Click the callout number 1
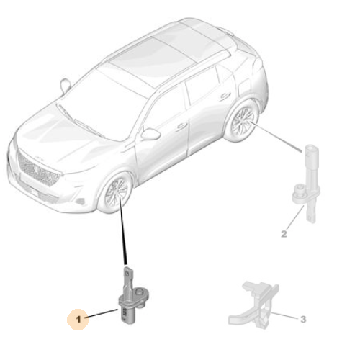click(80, 318)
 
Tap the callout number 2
click(284, 233)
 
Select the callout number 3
click(303, 318)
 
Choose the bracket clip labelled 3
click(253, 303)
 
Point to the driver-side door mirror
click(150, 134)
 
